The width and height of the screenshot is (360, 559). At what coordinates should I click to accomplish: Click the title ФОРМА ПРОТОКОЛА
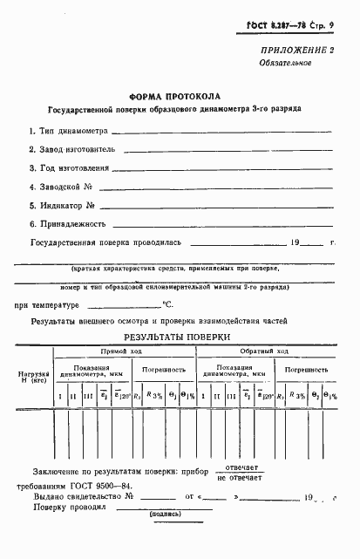click(174, 96)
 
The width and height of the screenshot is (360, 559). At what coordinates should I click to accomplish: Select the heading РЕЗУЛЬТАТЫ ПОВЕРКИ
click(177, 337)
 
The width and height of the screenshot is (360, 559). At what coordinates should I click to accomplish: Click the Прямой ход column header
click(121, 351)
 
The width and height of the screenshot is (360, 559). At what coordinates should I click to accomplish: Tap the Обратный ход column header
click(269, 351)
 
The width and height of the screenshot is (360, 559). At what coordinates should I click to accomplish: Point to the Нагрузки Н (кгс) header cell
click(33, 378)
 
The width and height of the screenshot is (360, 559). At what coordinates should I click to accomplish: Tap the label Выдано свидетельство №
click(84, 497)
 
